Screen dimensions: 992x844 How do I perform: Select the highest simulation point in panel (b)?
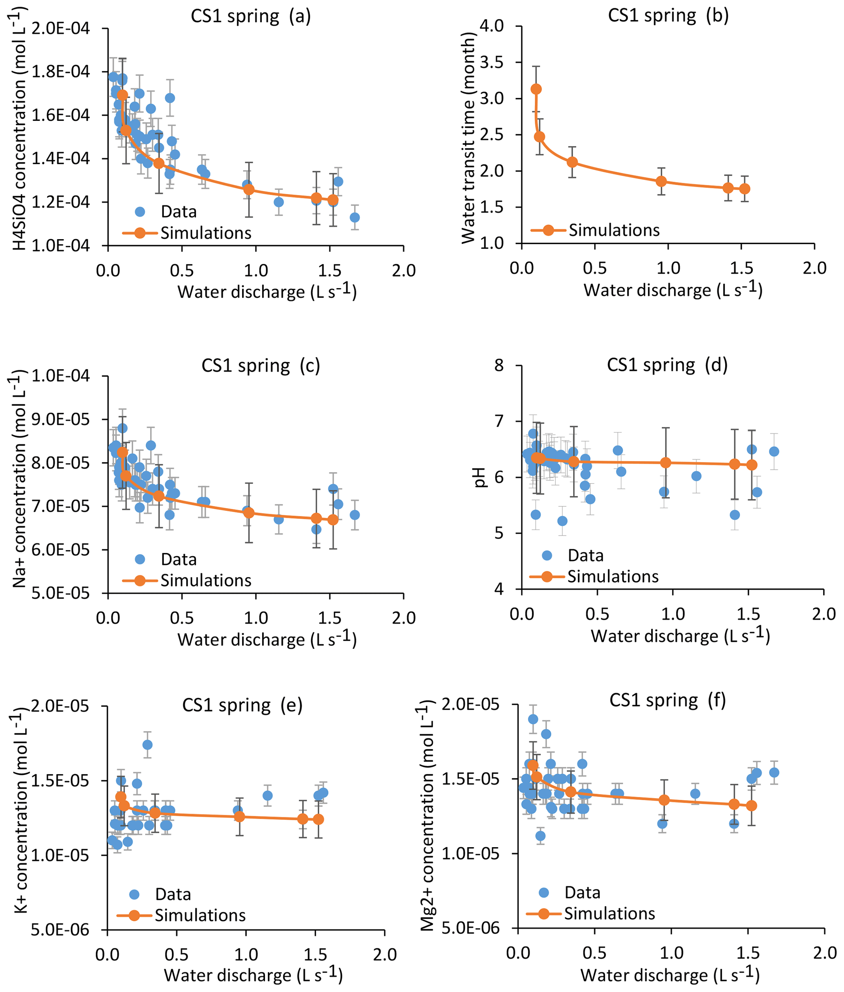tap(537, 89)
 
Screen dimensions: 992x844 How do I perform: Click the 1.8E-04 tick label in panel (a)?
tap(61, 72)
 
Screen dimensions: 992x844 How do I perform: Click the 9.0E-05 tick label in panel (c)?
tap(61, 419)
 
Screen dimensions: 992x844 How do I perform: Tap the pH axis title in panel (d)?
tap(480, 477)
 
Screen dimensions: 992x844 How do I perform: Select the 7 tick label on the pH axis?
tap(499, 421)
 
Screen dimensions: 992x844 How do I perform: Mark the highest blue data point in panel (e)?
tap(147, 745)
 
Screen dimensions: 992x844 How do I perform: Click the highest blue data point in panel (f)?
tap(533, 719)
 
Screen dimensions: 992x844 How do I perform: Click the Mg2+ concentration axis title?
tap(427, 816)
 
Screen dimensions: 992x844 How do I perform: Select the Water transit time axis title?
tap(468, 139)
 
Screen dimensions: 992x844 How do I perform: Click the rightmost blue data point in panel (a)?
tap(354, 217)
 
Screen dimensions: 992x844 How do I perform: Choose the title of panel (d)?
tap(667, 365)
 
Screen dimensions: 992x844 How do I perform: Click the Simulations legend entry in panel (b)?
tap(614, 231)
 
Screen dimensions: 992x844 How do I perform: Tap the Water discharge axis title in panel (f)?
tap(670, 974)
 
